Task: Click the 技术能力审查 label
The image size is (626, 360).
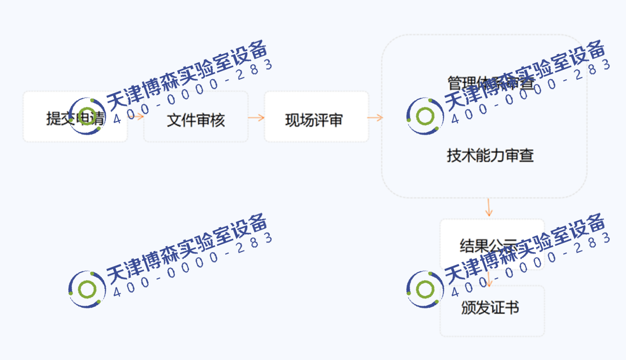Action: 490,155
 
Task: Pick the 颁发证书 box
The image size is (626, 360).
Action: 492,311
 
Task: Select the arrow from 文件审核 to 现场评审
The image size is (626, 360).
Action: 256,117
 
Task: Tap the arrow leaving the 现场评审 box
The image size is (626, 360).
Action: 375,117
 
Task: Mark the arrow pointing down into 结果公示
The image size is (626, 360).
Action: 489,208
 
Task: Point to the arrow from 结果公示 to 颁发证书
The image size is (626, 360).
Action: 489,278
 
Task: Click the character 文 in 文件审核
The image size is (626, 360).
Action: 174,121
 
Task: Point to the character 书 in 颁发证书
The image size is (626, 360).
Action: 512,308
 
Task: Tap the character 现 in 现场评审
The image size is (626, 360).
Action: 292,121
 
